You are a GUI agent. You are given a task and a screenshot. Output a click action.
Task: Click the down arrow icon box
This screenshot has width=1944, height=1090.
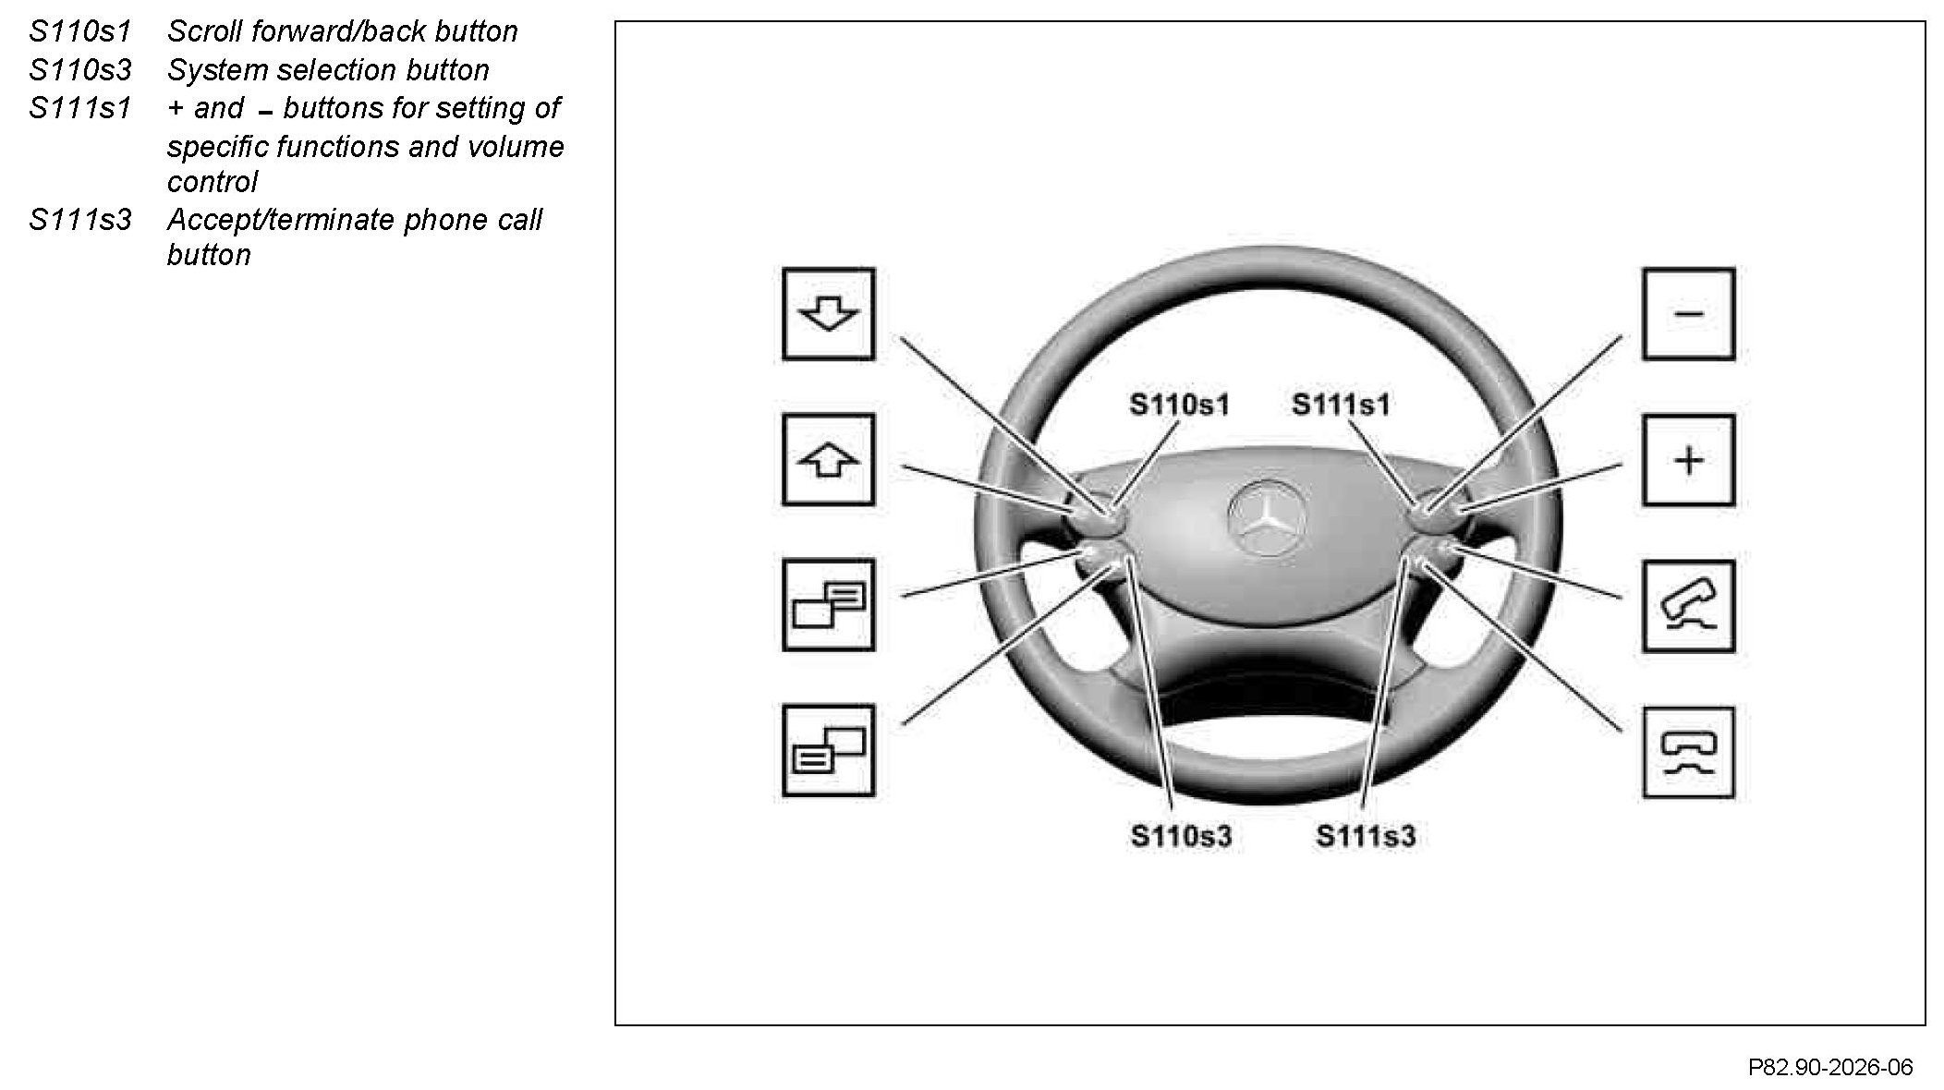(828, 314)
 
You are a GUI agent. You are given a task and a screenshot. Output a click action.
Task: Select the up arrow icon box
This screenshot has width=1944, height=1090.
(828, 460)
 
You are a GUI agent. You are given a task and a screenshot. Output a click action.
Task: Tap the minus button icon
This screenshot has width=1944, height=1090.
(1688, 314)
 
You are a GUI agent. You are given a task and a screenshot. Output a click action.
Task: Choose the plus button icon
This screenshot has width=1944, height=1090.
(1688, 460)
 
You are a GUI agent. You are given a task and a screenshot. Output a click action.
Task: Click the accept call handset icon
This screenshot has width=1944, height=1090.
(1688, 606)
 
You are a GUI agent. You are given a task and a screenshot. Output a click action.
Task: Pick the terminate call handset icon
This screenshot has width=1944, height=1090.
(1688, 752)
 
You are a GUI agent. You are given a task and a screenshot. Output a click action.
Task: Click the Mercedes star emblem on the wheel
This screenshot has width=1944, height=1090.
(1265, 518)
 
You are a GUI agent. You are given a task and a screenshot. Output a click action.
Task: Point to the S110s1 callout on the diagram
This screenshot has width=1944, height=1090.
(1179, 405)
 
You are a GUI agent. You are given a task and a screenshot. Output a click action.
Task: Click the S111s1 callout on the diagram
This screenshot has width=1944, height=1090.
(1341, 405)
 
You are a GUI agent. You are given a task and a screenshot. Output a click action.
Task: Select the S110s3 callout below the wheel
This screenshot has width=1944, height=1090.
(1181, 837)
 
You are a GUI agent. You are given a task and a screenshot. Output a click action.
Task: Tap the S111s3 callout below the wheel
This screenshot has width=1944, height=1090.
(1366, 837)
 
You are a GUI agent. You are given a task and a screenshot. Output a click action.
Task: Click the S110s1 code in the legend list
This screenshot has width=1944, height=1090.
(80, 31)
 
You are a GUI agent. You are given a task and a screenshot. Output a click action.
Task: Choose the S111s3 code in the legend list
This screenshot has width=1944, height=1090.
(80, 220)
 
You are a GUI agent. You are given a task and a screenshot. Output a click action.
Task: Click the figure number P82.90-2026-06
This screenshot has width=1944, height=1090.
(1829, 1068)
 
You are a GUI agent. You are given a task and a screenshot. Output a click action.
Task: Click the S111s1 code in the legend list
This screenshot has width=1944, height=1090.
(80, 108)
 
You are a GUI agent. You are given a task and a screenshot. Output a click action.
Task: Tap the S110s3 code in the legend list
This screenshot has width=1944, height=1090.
(80, 70)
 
